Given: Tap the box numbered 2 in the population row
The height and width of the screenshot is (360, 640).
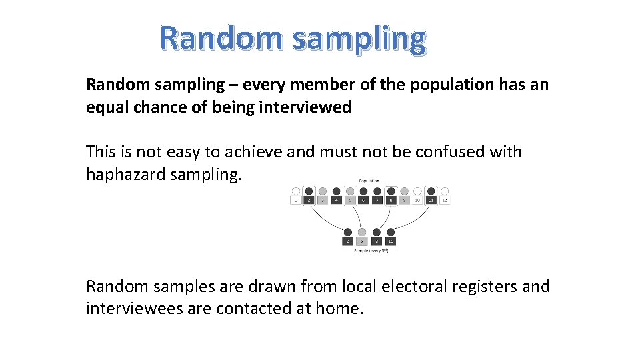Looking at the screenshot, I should click(309, 200).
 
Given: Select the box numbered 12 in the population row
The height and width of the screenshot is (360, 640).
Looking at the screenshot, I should click(445, 200).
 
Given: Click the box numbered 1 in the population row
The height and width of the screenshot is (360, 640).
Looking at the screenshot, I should click(295, 200).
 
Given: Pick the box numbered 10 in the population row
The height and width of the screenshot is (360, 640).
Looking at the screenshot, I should click(417, 200).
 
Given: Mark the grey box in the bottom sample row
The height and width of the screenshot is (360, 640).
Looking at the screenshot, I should click(362, 241).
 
